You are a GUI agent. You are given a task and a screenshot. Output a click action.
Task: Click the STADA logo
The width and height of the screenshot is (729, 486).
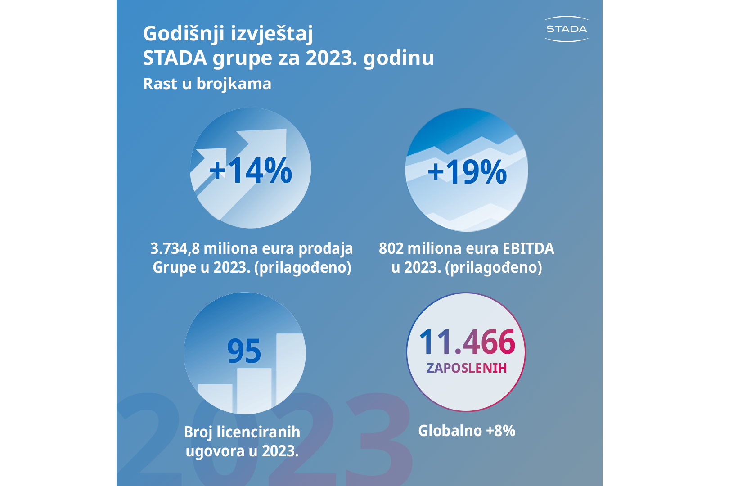567,29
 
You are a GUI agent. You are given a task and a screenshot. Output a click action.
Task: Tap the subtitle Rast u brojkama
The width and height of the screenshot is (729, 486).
207,84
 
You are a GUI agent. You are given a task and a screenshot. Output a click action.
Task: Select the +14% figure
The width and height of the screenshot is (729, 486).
251,171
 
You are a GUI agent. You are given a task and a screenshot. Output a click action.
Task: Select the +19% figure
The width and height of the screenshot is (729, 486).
467,172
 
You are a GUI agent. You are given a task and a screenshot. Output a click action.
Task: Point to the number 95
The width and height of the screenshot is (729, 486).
244,351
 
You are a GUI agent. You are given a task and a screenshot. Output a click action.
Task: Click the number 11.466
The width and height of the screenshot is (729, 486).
467,342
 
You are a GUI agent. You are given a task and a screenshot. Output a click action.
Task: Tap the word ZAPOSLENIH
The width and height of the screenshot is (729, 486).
467,368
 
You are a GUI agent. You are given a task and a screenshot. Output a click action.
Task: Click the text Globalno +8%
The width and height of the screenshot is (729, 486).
467,431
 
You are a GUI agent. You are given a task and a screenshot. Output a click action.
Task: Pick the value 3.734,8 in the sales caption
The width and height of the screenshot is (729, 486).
175,248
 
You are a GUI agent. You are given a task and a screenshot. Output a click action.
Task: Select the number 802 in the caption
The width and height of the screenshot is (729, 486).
391,248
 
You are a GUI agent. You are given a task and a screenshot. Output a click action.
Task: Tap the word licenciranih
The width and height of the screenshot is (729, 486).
258,432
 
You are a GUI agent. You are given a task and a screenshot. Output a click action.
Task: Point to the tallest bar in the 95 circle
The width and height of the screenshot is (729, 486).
290,369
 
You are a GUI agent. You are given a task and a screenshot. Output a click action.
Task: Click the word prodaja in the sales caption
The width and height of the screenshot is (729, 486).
326,248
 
